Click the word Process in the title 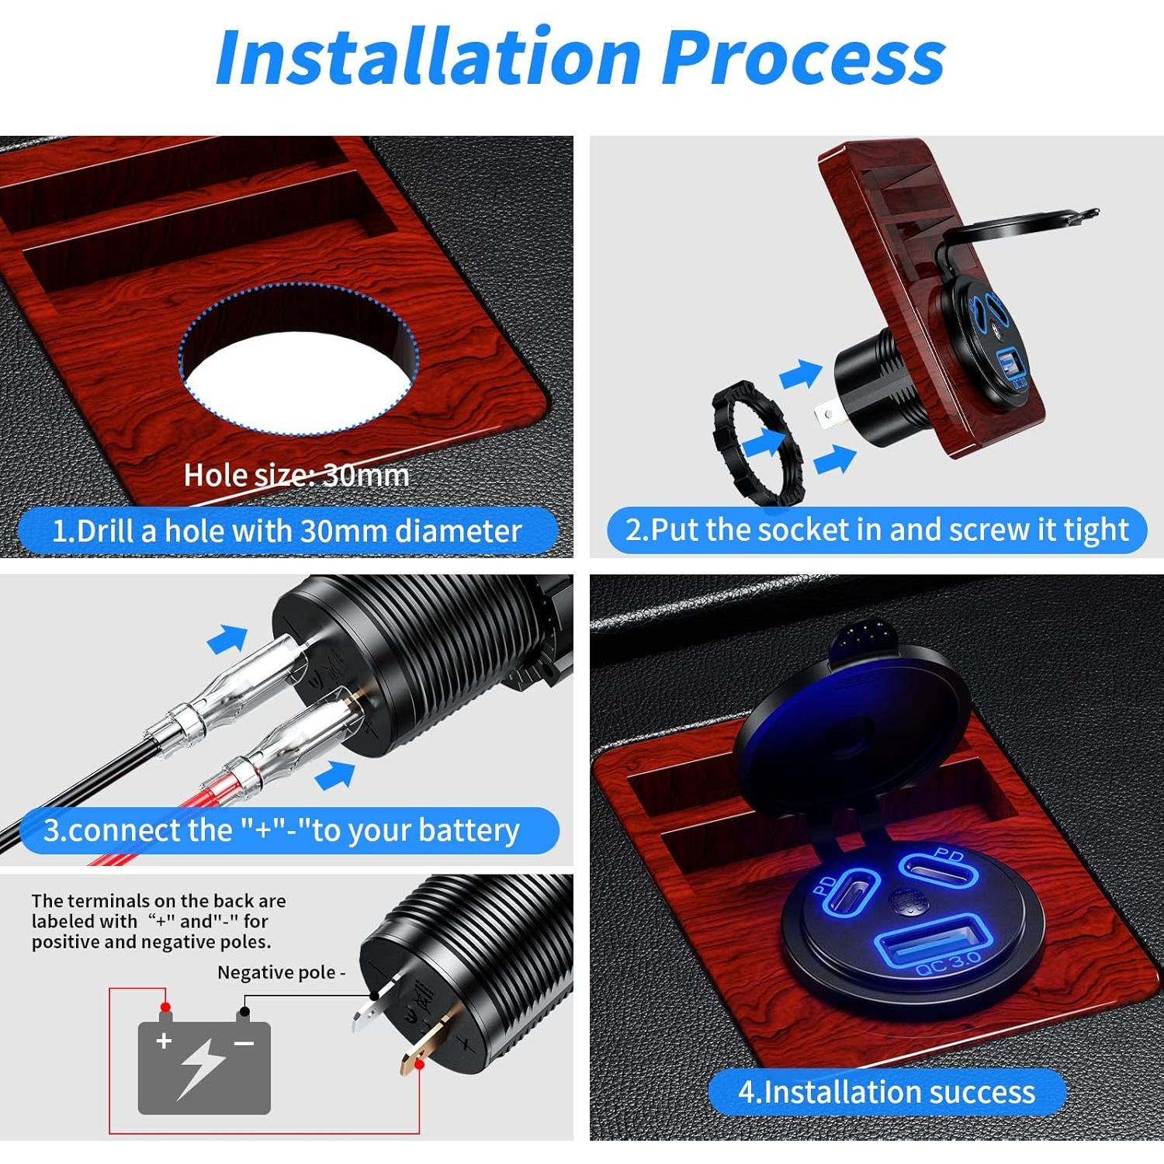(803, 57)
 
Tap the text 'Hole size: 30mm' (296, 475)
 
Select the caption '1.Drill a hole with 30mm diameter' (287, 531)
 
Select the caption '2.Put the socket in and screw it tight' (876, 530)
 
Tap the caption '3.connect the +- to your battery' (282, 830)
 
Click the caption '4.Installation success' (886, 1091)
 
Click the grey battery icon (204, 1067)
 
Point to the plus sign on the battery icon (164, 1041)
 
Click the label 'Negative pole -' (281, 972)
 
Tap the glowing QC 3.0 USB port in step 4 (932, 941)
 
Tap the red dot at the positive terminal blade (420, 1065)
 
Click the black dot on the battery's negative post (244, 1012)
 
